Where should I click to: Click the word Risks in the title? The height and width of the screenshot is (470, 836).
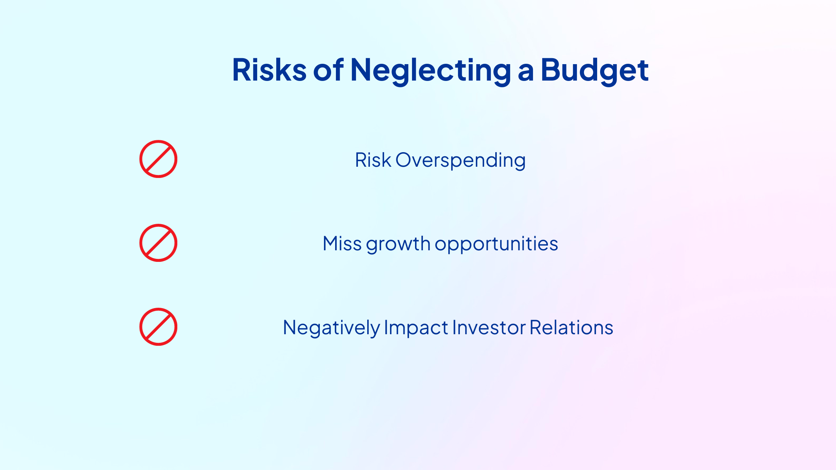[269, 70]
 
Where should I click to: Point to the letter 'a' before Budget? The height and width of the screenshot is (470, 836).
[526, 73]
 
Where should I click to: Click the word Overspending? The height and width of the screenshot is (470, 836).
[461, 161]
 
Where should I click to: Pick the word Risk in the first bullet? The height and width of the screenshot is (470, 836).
[373, 160]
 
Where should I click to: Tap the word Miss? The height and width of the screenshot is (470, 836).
[342, 244]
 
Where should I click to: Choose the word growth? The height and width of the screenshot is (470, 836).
[398, 245]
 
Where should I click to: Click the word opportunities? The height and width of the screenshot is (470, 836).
[496, 245]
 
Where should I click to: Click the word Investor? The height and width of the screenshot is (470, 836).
[489, 328]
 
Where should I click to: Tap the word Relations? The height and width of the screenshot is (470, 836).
[571, 328]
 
